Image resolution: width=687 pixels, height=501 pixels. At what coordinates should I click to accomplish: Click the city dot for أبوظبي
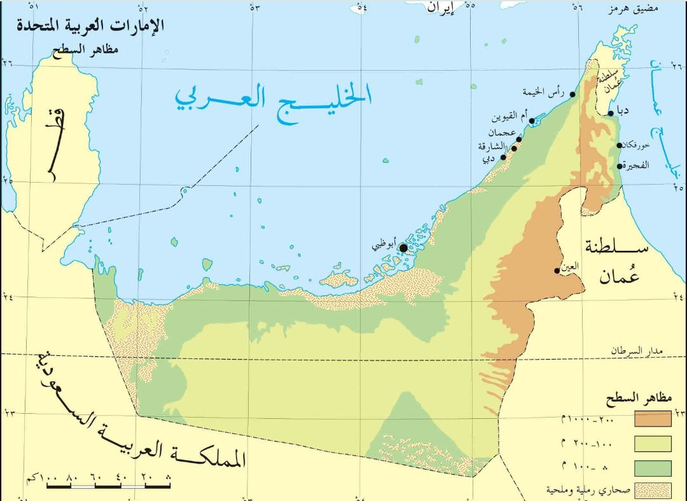[x=403, y=248]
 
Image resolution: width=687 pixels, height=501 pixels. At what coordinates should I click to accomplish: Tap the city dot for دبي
[x=503, y=157]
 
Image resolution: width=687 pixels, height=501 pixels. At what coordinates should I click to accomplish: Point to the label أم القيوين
[x=510, y=118]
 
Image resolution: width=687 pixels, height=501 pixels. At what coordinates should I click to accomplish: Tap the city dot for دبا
[x=611, y=113]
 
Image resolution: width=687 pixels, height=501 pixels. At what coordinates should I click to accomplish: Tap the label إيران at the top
[x=441, y=8]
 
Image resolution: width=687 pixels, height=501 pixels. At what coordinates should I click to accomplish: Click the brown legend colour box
[x=653, y=418]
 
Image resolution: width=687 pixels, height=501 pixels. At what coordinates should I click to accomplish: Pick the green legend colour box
[x=653, y=469]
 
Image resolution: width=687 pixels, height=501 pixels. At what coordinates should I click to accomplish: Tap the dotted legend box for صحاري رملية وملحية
[x=653, y=490]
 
